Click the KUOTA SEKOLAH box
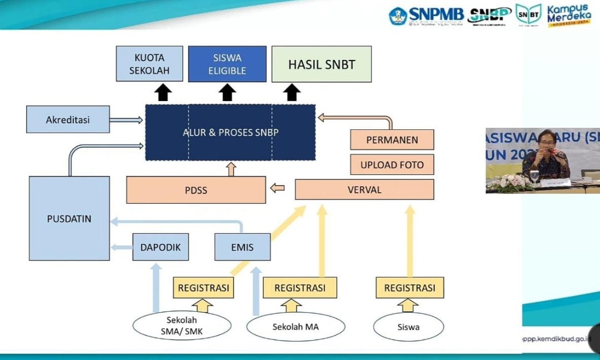click(149, 64)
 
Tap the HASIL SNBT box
click(321, 64)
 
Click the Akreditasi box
click(68, 119)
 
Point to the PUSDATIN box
click(69, 218)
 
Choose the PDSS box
click(196, 190)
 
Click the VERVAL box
click(364, 189)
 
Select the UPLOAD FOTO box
click(392, 164)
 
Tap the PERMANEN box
click(392, 140)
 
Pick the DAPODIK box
click(161, 247)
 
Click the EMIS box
click(242, 247)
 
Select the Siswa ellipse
click(408, 327)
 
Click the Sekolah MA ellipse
click(296, 327)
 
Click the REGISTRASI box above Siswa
click(409, 288)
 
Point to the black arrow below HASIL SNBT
click(292, 92)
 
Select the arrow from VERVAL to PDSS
click(277, 189)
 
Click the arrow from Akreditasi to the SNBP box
click(126, 119)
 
